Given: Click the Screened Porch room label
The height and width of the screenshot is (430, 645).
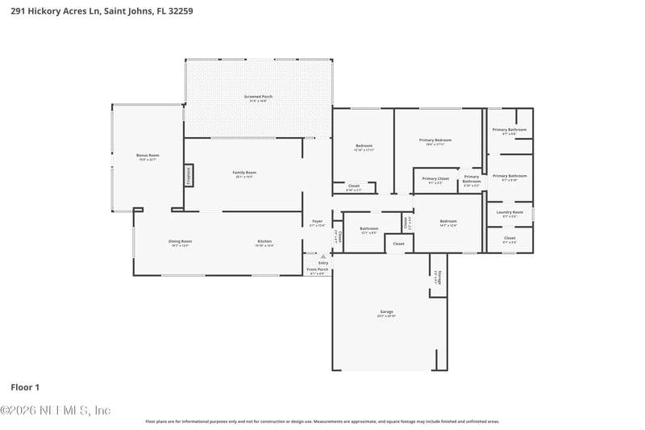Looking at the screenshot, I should click(x=259, y=97).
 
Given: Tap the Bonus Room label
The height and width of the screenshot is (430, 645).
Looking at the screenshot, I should click(x=148, y=155).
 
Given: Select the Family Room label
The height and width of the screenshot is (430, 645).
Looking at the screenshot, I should click(x=244, y=173).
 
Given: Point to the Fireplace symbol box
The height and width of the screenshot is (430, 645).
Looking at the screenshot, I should click(x=189, y=175).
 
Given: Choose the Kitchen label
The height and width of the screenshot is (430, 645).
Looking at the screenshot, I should click(x=264, y=241).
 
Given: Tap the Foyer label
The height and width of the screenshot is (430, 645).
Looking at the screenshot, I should click(x=318, y=222).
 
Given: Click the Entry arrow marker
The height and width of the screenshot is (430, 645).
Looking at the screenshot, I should click(x=322, y=256).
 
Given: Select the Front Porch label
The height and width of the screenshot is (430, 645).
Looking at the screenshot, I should click(x=318, y=269).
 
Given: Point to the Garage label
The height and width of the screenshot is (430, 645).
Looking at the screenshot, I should click(x=387, y=311).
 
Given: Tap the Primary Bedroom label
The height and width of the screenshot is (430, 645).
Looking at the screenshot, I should click(x=435, y=140).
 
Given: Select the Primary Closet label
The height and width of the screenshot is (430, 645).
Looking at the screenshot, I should click(x=435, y=179).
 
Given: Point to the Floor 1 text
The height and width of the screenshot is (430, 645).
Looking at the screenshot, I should click(x=25, y=387).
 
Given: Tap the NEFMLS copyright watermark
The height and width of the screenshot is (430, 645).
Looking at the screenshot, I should click(x=55, y=410).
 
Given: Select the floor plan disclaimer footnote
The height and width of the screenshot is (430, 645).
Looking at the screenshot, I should click(x=322, y=421).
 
